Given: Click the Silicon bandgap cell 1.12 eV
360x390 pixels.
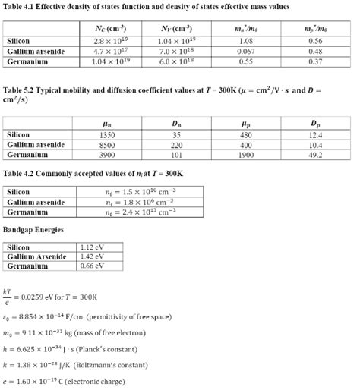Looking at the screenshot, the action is (90, 247).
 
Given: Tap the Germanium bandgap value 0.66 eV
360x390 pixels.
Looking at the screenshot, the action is (90, 266).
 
